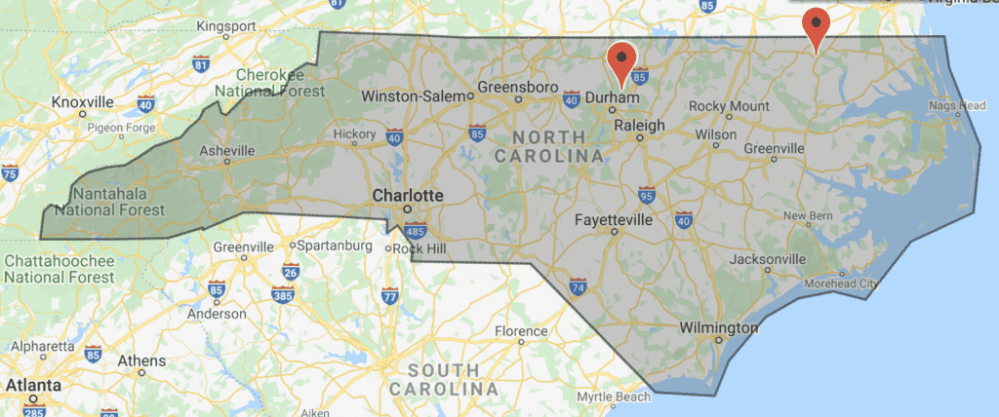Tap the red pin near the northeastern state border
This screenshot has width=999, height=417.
coord(816,26)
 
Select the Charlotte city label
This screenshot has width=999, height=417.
coord(408,196)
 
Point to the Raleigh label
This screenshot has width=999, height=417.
coord(639,126)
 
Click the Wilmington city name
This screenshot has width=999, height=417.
coord(718,328)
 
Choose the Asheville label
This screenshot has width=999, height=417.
coord(226,151)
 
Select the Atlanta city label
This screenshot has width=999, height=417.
coord(29,385)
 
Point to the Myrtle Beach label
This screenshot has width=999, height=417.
coord(613,398)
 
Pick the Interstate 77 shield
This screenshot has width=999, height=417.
coord(388,295)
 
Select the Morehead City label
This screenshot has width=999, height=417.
coord(841,284)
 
